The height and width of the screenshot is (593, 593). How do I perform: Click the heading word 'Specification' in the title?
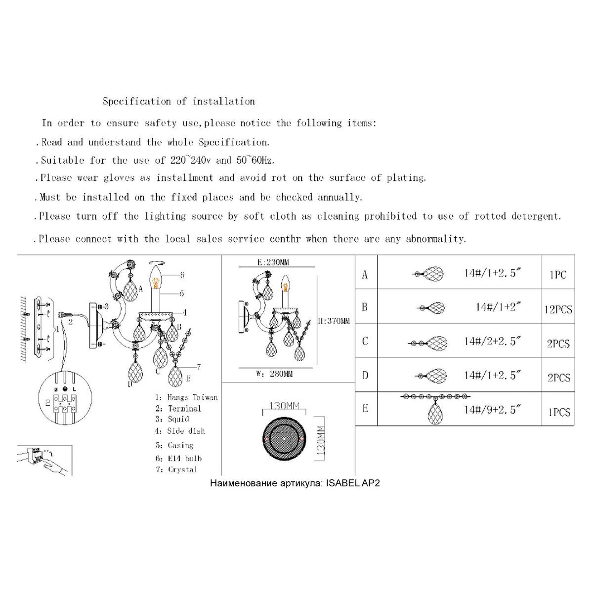point(136,101)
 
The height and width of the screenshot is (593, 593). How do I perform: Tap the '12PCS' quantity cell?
point(558,309)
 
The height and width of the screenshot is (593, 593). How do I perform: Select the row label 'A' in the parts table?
point(365,274)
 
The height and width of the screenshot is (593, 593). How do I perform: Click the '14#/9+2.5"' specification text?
point(492,409)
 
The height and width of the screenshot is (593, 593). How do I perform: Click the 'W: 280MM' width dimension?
point(274,374)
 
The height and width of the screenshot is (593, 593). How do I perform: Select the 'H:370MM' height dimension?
point(334,321)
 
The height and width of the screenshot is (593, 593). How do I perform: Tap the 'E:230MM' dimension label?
point(273,262)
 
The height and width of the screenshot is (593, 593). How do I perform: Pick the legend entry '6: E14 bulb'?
point(178,458)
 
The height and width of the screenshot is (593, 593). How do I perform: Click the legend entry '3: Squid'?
point(172,419)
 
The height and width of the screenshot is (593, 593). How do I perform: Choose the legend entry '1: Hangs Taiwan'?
point(186,397)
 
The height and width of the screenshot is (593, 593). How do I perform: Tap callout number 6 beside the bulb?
point(182,275)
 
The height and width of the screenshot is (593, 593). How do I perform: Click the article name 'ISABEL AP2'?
point(353,483)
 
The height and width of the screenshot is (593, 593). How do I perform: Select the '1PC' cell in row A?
point(557,274)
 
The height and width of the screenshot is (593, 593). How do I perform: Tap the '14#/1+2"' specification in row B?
point(498,307)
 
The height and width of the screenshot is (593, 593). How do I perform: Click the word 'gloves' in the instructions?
point(119,178)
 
